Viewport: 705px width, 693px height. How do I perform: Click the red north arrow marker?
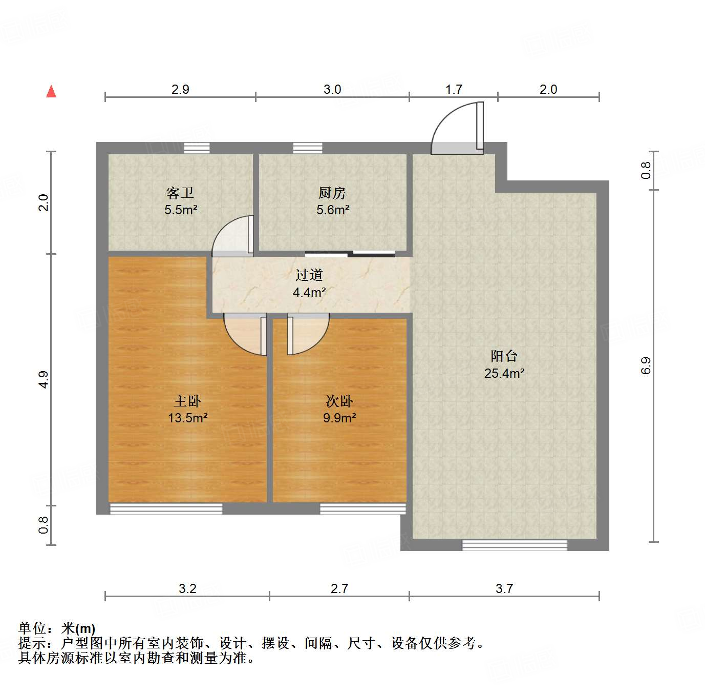[51, 92]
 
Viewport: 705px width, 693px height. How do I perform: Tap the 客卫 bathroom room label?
[180, 193]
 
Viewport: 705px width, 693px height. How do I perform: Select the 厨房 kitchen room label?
[332, 193]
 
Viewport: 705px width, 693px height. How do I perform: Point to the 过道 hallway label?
[309, 275]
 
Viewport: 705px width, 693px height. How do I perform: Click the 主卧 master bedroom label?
[187, 401]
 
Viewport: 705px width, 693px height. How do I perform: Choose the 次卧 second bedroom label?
[339, 401]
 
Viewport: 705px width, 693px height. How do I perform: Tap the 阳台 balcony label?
[504, 356]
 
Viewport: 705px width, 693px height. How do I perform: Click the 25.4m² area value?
[504, 373]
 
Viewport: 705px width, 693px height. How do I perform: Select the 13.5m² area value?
[188, 418]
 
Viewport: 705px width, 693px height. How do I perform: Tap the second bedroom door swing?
[307, 334]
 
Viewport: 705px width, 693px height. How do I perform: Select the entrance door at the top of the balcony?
[457, 128]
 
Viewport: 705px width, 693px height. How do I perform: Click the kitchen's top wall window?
[308, 148]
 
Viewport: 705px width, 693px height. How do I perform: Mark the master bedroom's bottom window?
[166, 508]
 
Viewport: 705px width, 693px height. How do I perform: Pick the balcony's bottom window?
[515, 545]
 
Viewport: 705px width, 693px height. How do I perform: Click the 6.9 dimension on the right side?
[646, 365]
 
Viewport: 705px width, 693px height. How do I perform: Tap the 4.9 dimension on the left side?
[44, 379]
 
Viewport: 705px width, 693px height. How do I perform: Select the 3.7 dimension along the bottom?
[504, 588]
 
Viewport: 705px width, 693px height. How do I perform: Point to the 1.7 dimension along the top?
[454, 90]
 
